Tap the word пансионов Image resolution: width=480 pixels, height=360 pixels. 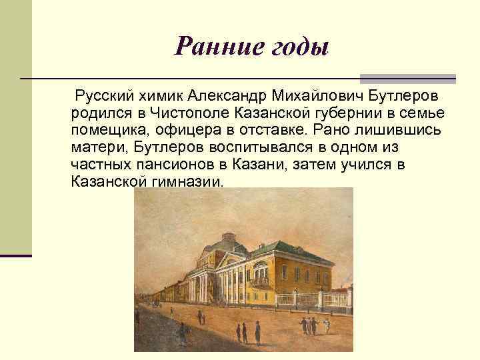point(163,164)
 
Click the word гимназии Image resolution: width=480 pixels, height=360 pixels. point(188,181)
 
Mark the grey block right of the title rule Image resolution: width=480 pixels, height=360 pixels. point(407,77)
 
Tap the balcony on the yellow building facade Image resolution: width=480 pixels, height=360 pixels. point(261,281)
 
